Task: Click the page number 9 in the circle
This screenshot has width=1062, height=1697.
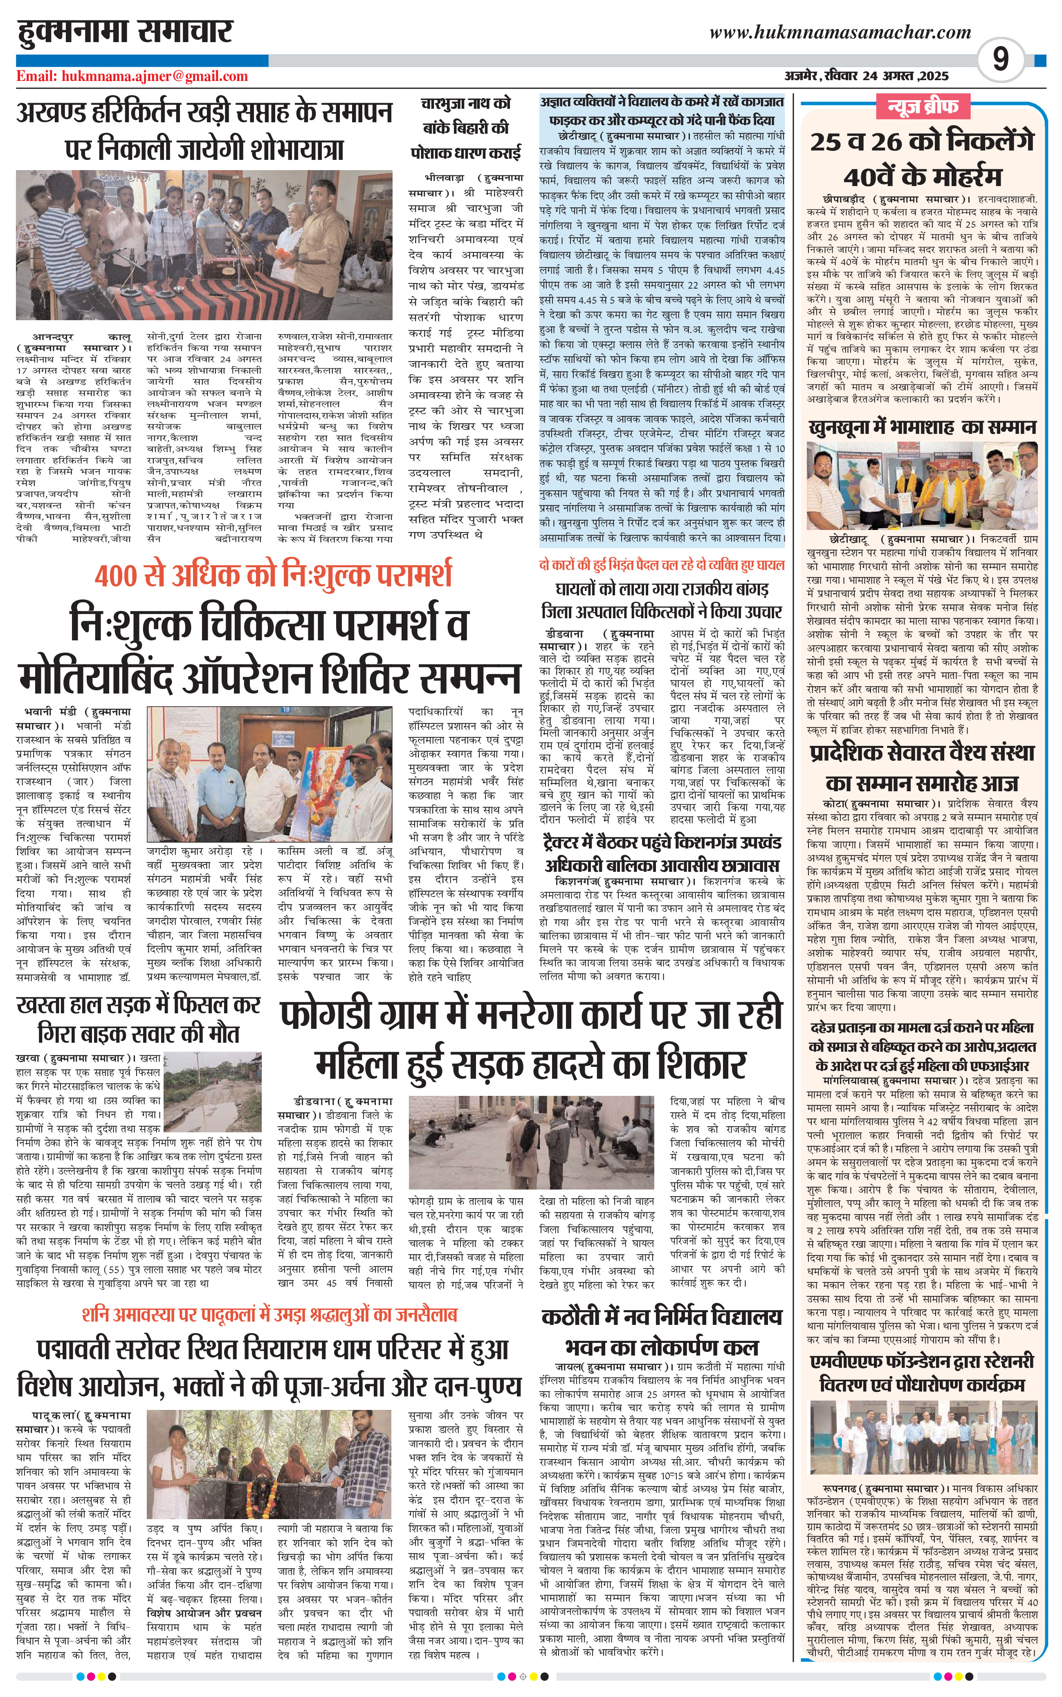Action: [1000, 59]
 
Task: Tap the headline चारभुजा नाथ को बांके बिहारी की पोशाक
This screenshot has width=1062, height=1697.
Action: [466, 128]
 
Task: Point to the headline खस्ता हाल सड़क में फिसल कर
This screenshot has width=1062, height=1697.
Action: [138, 1019]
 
